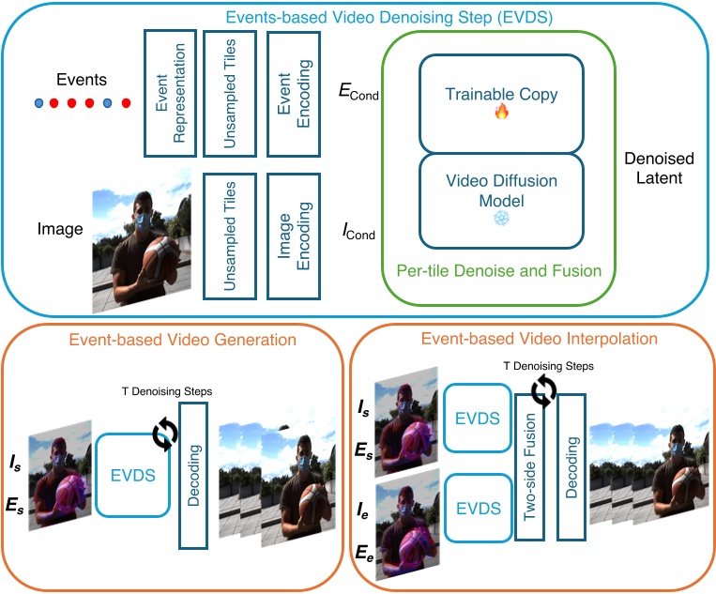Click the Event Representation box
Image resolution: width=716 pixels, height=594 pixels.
pos(171,92)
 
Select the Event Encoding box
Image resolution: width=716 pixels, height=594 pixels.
pos(294,92)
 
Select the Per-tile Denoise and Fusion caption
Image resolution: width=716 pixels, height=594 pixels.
pos(497,271)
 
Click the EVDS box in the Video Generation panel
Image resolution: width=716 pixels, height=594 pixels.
pos(132,475)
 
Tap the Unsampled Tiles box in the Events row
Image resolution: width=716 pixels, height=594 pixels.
pos(233,92)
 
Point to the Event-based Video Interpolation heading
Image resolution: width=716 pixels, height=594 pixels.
pos(539,338)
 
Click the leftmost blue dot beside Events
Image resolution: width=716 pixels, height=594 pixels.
pos(38,101)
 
